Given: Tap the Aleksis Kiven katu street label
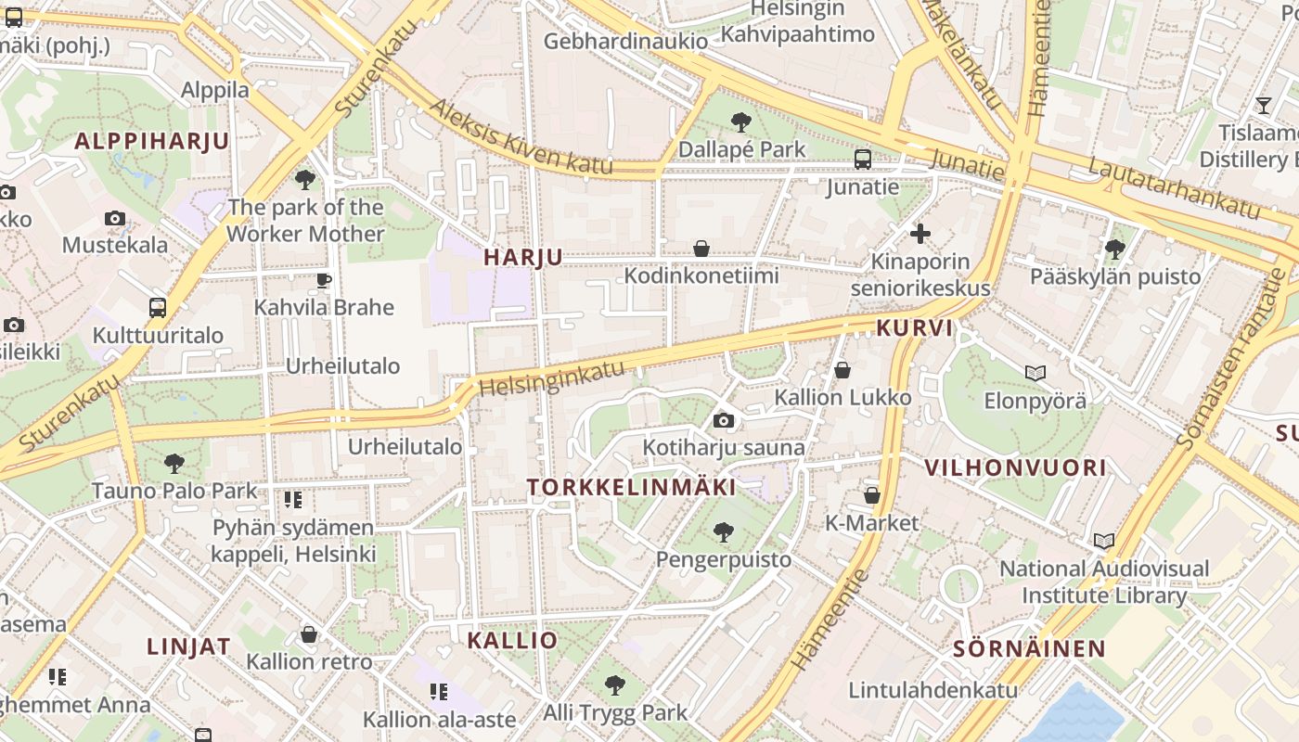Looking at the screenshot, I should pos(521,136).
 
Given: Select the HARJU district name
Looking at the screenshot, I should pos(523,258).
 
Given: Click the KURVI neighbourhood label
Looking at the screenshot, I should pos(915,327).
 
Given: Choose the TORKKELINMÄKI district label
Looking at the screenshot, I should pos(632,487).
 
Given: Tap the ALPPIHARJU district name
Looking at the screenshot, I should pos(151,141).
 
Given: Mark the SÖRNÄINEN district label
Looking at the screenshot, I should pos(1030,648).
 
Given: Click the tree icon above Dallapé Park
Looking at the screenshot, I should pos(740,122).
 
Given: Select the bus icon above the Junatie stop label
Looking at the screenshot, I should pos(863,160).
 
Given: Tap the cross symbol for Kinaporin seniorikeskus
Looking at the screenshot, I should pos(920,234).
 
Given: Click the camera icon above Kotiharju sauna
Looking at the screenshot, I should pos(724,421).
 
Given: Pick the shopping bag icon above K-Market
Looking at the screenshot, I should pos(871,495).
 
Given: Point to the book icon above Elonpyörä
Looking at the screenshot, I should pos(1035,373).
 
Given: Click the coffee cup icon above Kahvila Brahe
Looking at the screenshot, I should pos(324,279).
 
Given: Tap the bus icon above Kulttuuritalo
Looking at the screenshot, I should pos(158,307).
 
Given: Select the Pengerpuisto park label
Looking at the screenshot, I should pos(724,559).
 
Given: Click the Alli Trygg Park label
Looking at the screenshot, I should pos(615,712).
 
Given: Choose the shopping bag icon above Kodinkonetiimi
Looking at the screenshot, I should pos(701,249).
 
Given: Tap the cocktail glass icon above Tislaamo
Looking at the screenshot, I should pos(1264,105).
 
